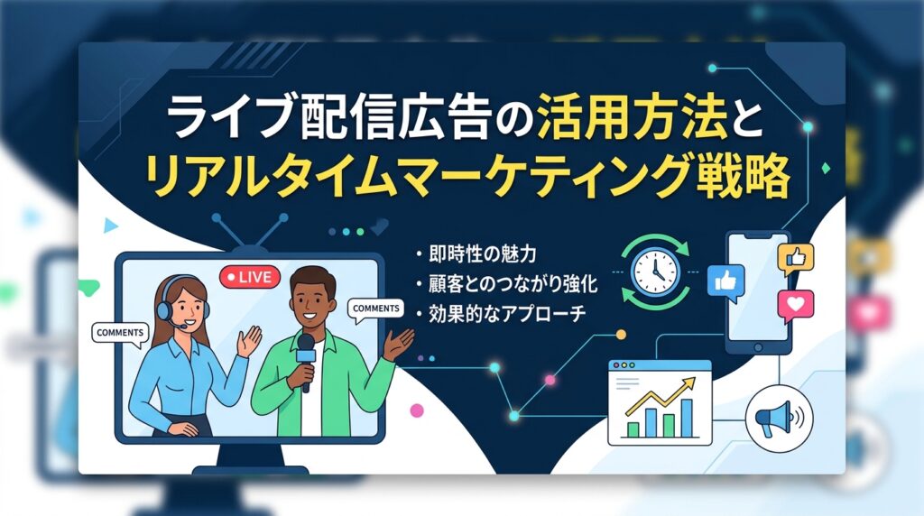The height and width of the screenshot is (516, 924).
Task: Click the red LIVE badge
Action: click(250, 276)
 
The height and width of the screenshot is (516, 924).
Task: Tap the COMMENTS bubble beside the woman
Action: click(118, 333)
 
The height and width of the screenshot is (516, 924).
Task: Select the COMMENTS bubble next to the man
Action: click(375, 309)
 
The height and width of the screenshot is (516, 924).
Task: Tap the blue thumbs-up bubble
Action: click(725, 280)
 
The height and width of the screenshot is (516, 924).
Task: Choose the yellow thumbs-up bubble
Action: click(795, 259)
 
